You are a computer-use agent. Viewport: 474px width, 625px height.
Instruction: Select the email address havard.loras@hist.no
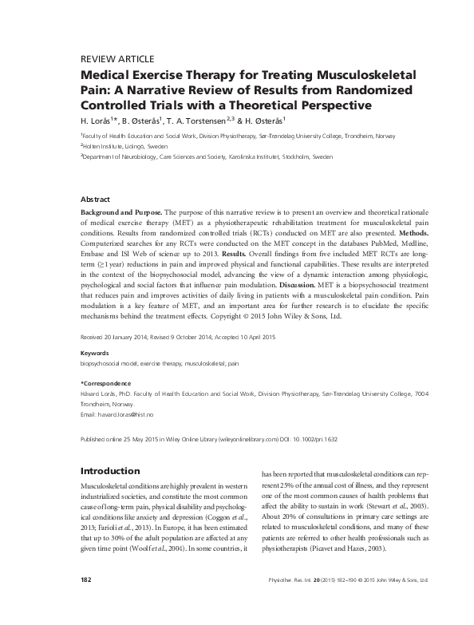124,416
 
